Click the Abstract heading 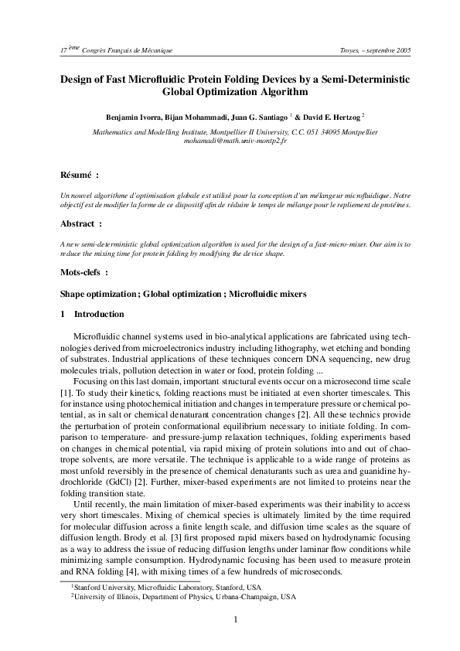[79, 224]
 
